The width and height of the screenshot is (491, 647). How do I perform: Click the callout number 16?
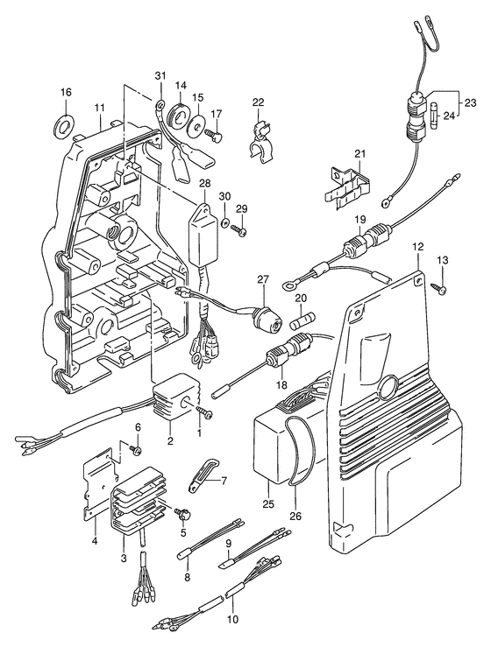66,92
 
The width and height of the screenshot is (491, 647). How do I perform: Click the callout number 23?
470,102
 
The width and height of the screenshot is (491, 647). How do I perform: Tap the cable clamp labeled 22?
260,143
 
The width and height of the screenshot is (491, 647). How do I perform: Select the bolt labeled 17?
214,135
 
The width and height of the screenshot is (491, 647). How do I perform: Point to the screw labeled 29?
239,229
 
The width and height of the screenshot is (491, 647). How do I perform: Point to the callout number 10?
232,619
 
